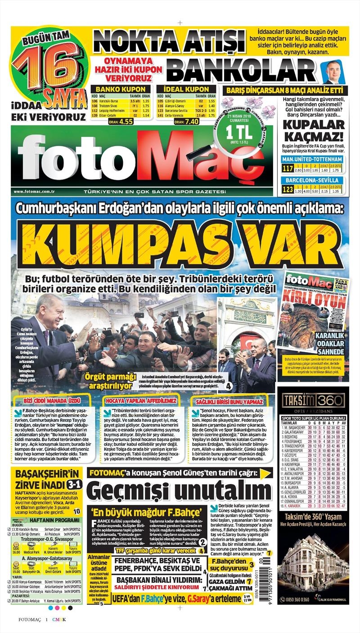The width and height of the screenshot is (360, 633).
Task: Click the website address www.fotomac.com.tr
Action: tap(34, 191)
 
